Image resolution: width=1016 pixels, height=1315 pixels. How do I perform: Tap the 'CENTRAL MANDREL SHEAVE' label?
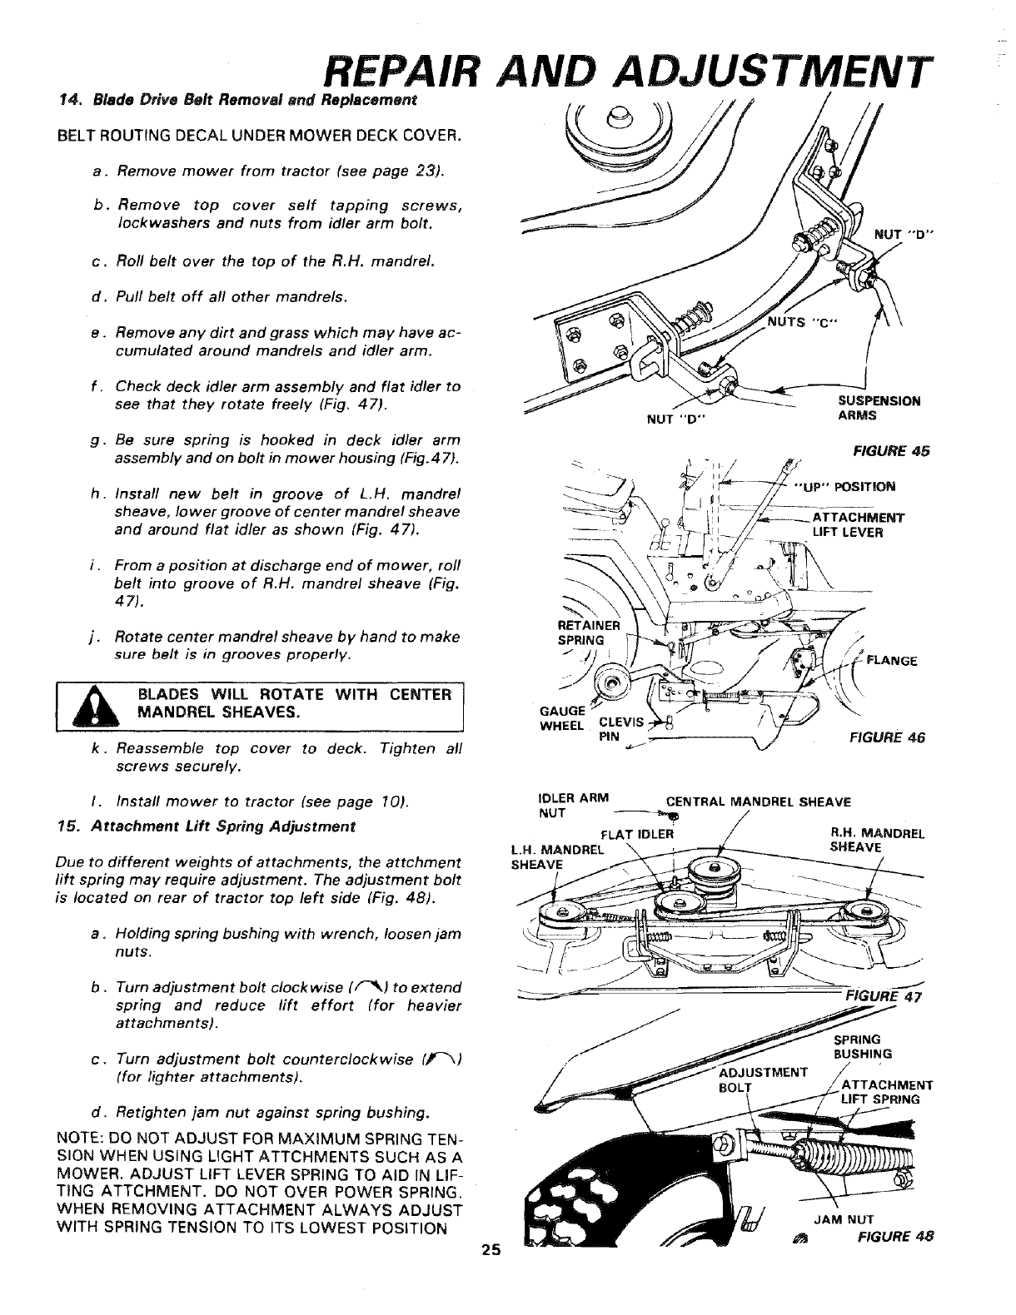[x=757, y=803]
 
